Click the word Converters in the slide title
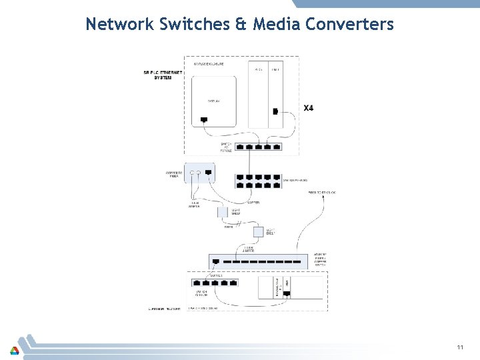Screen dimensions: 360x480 click(350, 25)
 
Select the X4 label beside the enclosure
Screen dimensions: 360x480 click(309, 107)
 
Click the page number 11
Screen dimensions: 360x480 click(460, 347)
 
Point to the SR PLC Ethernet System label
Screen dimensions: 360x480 click(157, 75)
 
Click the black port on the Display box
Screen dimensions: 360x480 click(203, 120)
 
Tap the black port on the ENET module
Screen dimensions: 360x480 click(275, 111)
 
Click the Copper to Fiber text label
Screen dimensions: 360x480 click(174, 175)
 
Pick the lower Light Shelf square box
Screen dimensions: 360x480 click(258, 232)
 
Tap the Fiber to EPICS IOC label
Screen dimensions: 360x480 click(322, 193)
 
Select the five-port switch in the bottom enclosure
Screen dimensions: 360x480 click(215, 283)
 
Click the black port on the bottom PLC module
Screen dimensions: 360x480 click(287, 283)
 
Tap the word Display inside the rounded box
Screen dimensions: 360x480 click(213, 101)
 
